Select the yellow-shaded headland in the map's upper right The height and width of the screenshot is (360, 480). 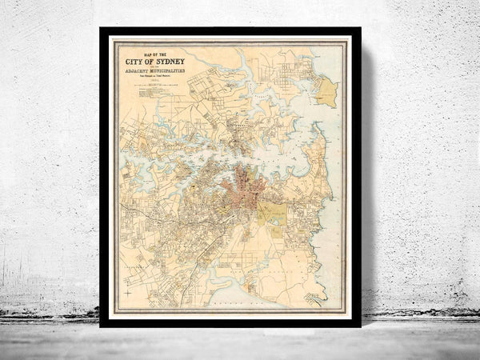pos(326,92)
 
